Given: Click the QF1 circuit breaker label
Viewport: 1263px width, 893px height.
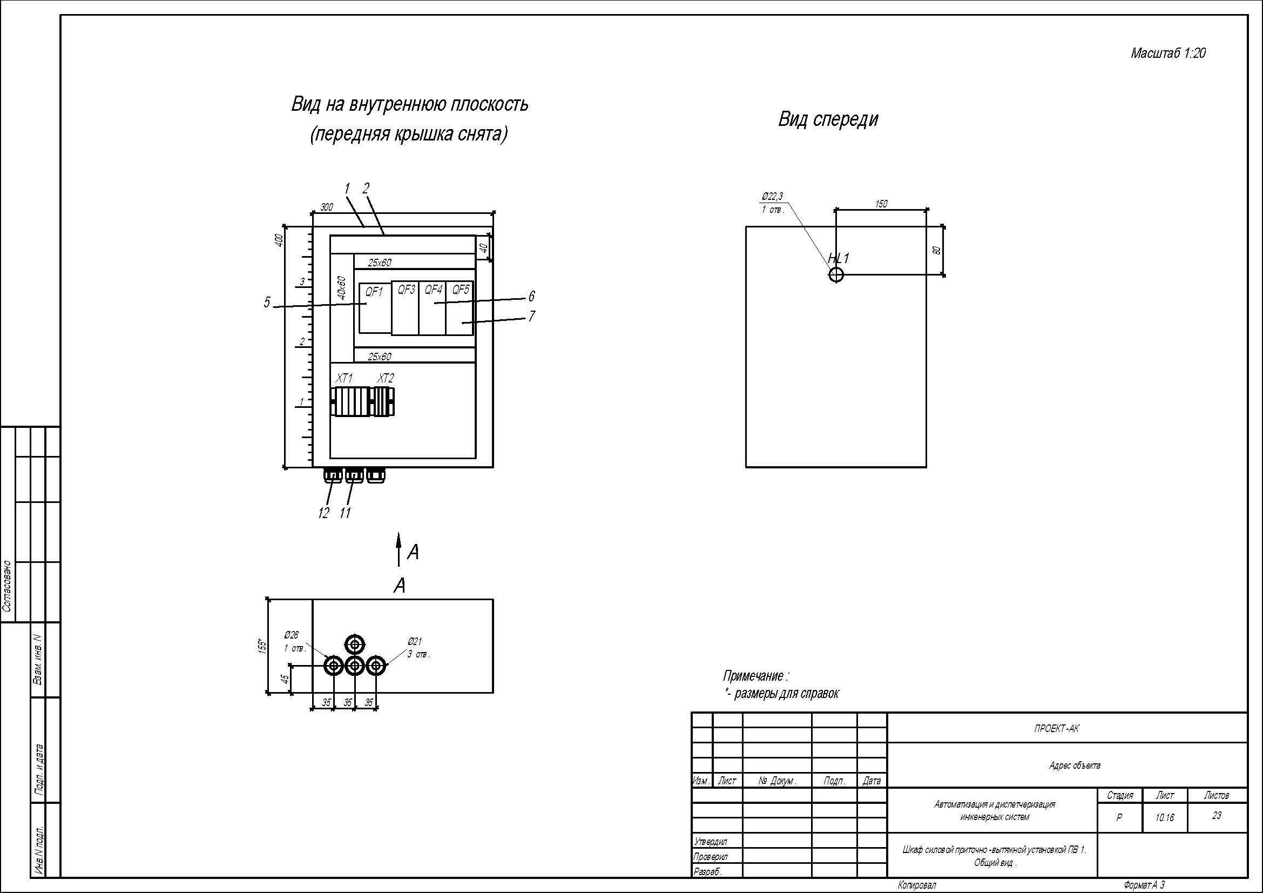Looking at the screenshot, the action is (374, 292).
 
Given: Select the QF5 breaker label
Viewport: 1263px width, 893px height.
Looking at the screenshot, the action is (461, 290).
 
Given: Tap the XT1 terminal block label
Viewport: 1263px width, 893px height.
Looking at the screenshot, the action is (345, 379).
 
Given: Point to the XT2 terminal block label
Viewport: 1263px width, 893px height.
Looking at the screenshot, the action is (386, 379).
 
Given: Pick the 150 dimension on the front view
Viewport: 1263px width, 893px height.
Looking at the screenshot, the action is (881, 204).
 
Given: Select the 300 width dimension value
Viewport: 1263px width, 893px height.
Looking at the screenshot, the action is (327, 207).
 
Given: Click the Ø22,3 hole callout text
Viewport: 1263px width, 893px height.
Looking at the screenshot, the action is (772, 197).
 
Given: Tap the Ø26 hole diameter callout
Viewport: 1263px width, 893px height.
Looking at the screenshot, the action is (292, 635).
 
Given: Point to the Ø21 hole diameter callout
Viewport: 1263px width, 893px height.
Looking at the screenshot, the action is (415, 642).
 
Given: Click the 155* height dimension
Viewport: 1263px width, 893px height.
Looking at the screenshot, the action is (262, 646).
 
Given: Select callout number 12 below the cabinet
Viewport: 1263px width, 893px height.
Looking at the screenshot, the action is (323, 513).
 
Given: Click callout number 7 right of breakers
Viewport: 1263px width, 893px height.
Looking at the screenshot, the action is (531, 317).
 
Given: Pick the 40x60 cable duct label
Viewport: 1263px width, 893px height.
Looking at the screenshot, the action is (341, 288).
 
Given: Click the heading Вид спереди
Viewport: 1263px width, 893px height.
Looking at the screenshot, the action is (828, 119).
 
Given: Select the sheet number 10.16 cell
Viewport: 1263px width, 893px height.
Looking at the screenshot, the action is (1165, 817).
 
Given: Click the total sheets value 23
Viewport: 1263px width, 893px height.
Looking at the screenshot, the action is (1217, 815).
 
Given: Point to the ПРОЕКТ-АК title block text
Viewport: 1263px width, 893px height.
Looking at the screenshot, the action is (1057, 728).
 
